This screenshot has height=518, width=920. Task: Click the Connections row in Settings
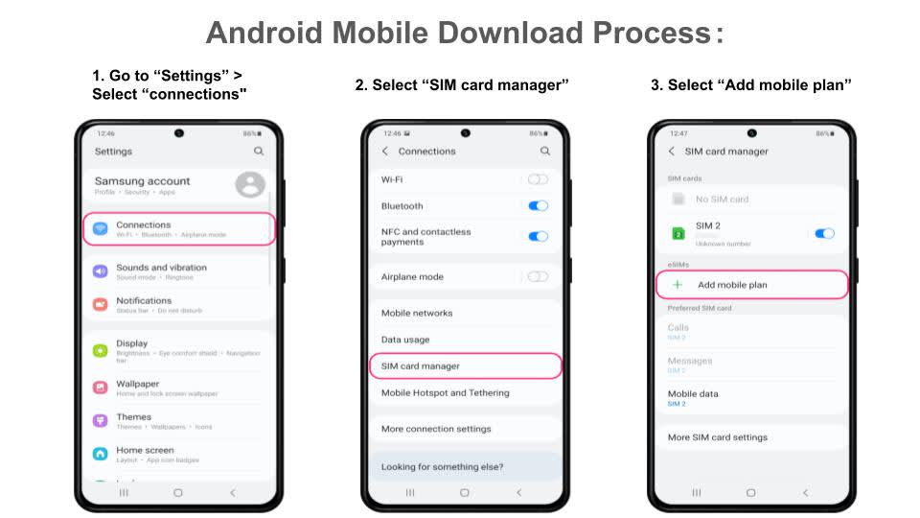(179, 228)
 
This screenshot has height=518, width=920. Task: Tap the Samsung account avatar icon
(249, 184)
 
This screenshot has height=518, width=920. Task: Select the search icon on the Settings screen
(259, 152)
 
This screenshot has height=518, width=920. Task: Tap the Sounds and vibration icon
(101, 271)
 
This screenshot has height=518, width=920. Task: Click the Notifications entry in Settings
(144, 304)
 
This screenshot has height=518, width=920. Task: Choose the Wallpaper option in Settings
(137, 388)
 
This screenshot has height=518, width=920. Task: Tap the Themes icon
(101, 421)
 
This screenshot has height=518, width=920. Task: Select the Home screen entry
(145, 454)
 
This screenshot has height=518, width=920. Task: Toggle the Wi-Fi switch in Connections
(538, 179)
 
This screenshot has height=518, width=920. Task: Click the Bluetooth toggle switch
(538, 205)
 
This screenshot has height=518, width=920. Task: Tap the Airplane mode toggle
(538, 276)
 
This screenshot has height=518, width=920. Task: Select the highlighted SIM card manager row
(465, 365)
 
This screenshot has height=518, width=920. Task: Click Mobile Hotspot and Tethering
(446, 392)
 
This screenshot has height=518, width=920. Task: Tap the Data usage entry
(405, 340)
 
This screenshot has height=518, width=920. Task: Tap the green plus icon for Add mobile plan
(678, 285)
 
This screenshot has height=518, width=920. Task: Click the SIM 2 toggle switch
(824, 233)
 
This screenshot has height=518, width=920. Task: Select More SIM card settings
(718, 437)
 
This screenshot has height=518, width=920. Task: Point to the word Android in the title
(264, 33)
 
